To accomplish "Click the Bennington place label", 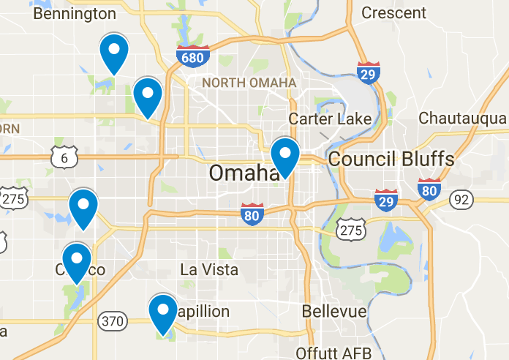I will (x=75, y=14).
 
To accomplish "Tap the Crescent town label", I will (x=393, y=12).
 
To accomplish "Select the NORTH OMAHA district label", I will (x=249, y=83).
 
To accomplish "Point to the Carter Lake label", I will (x=330, y=119).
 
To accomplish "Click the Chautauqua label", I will (x=462, y=119).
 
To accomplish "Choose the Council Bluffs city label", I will (x=391, y=159).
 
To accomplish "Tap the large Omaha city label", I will (x=242, y=173).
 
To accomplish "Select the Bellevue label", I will (x=334, y=312).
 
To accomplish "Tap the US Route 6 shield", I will (x=64, y=156).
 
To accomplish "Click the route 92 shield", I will (x=461, y=199).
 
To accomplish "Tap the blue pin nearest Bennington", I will (x=113, y=53).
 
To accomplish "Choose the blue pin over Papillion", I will (x=163, y=312).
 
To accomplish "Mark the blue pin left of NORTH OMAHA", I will (x=148, y=97).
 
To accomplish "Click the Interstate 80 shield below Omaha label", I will (x=252, y=214).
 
